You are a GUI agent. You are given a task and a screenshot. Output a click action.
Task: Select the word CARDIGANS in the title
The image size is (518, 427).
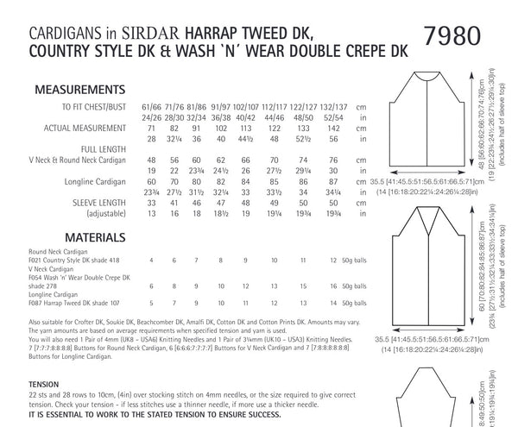55,13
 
